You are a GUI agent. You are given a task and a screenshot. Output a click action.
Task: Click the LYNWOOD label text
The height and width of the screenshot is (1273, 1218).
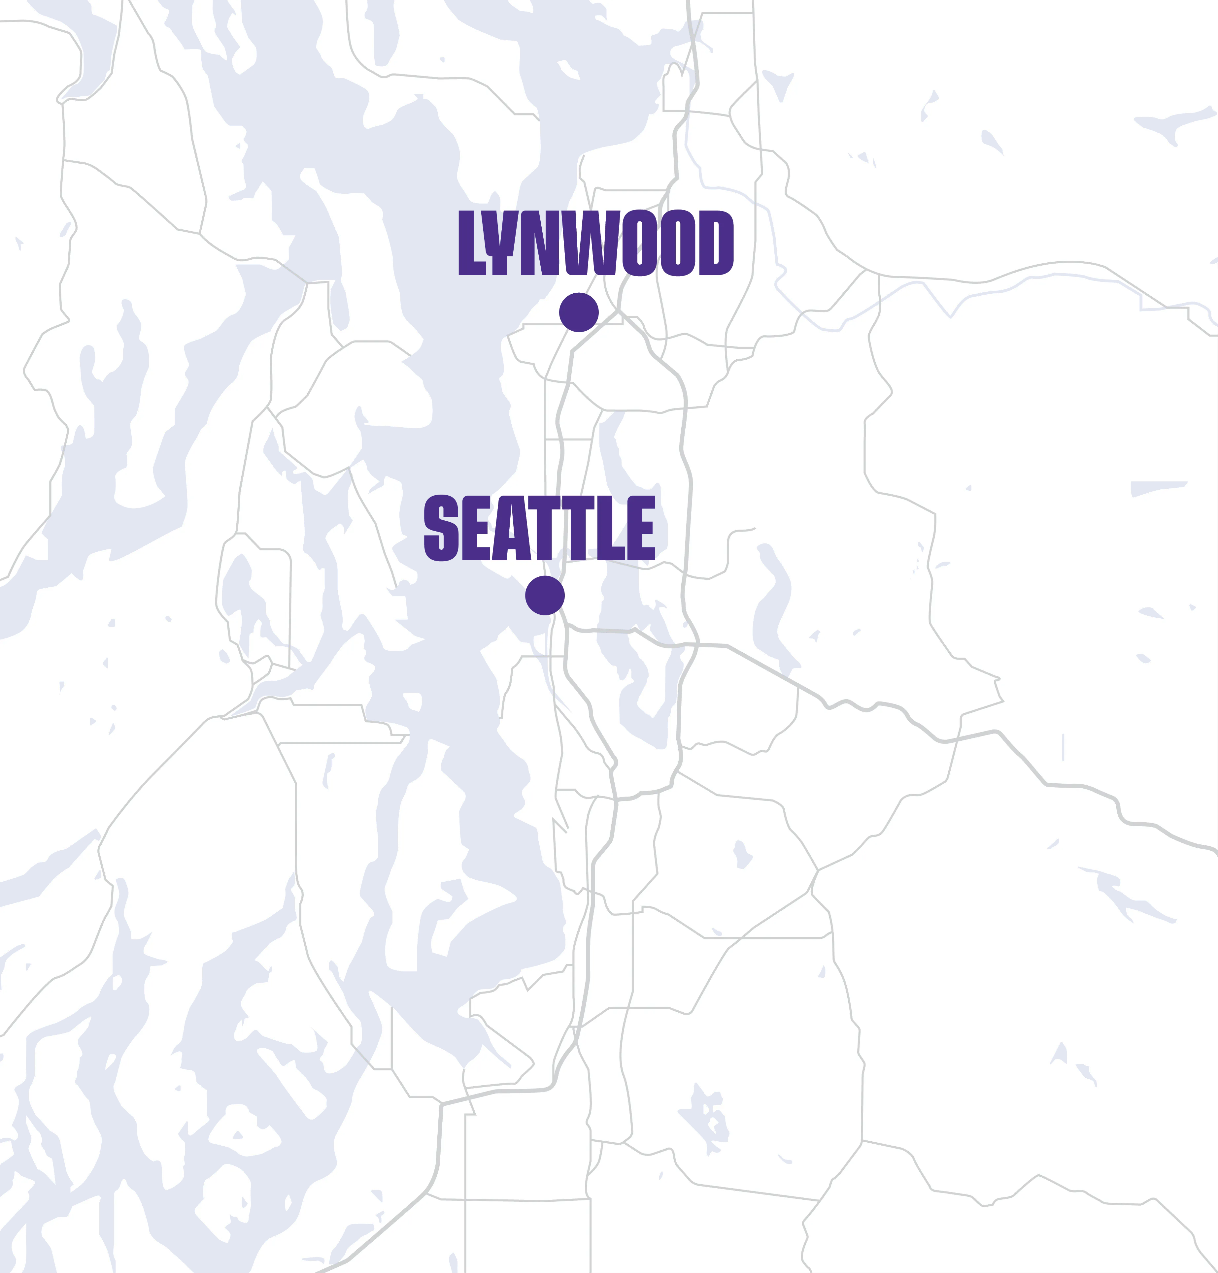pyautogui.click(x=596, y=243)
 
